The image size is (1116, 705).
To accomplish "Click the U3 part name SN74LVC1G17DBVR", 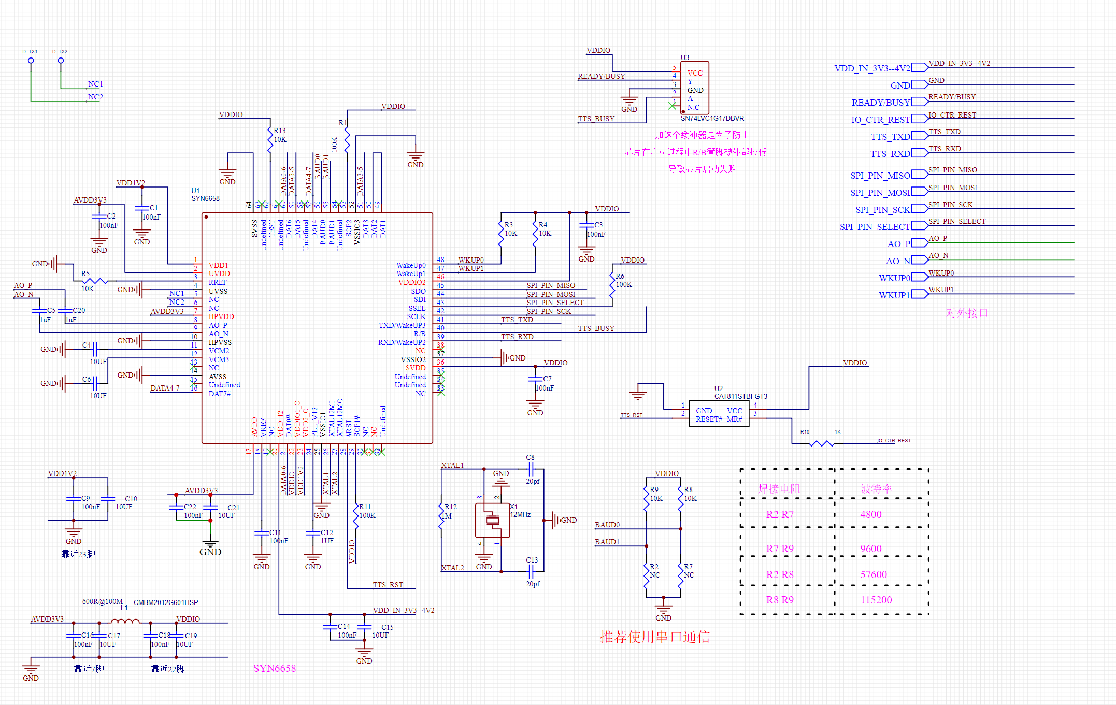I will [x=712, y=118].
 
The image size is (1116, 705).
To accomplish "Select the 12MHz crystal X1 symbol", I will [x=492, y=520].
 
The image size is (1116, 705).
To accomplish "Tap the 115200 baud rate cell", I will [x=876, y=600].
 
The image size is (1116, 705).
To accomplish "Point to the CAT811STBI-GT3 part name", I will [x=740, y=396].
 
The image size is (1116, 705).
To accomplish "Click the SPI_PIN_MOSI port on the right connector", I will [x=880, y=193].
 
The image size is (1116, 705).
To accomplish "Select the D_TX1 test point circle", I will [x=31, y=61].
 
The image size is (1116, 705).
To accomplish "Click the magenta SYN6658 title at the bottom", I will [x=274, y=668].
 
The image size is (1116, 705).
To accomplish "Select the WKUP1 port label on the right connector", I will [x=894, y=295].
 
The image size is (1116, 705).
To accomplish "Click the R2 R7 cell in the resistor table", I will [x=779, y=514].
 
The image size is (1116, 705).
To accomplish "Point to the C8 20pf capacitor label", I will [x=532, y=469].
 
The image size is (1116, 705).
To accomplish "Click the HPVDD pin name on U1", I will [x=221, y=316].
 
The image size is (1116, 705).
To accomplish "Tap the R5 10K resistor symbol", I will [x=95, y=281].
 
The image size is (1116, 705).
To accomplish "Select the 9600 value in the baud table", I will [x=870, y=549].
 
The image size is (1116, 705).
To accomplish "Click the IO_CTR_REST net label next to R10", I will [x=894, y=441].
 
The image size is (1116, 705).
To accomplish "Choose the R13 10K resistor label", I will [x=280, y=135].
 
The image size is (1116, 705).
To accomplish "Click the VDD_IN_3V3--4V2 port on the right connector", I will [x=872, y=68].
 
